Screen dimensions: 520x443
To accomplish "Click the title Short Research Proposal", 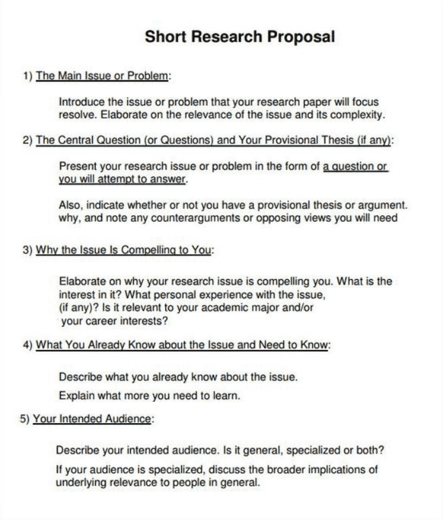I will pos(239,36).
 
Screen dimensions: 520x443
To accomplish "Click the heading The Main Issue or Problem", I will pos(102,76).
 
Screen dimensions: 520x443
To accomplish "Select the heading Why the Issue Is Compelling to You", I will pos(123,250).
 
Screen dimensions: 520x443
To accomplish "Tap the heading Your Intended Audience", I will pos(93,419).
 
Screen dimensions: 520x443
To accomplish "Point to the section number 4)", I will pos(27,345).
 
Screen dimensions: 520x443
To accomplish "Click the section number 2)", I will pos(27,140).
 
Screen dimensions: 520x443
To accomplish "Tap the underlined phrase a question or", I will pos(356,166).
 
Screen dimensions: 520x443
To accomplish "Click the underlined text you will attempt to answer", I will pos(123,180).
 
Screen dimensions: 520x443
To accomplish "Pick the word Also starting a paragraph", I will pos(70,205).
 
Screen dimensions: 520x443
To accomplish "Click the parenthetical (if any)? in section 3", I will pos(81,307).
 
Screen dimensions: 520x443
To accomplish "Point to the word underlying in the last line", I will pos(81,482).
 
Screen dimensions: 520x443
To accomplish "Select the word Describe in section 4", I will pos(80,377).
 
